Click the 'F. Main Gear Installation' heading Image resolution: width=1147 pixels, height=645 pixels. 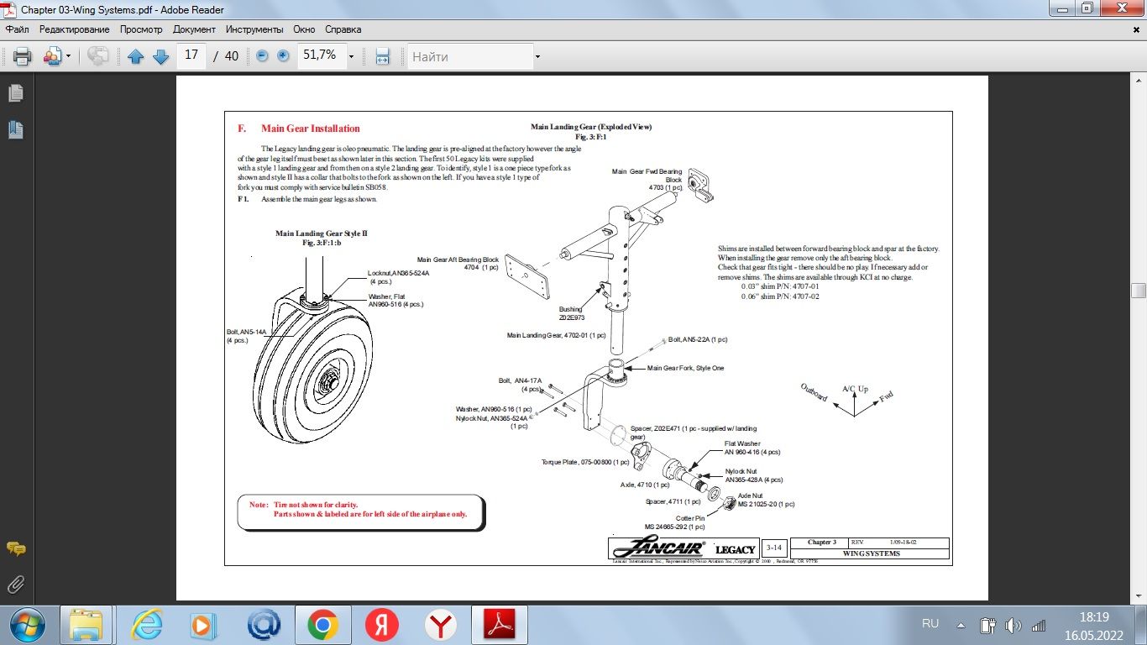click(299, 128)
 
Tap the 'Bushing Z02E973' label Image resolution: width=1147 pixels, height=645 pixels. click(571, 313)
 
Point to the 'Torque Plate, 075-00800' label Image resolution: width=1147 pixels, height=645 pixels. click(584, 462)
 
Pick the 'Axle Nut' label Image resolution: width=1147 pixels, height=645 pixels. click(750, 496)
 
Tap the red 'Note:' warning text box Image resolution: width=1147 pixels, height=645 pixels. click(361, 509)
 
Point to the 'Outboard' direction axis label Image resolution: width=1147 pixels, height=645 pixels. click(813, 393)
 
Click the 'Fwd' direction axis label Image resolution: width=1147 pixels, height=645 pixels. click(886, 396)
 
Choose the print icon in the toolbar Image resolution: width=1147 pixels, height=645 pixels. click(22, 56)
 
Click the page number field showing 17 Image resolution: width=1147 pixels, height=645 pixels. click(191, 55)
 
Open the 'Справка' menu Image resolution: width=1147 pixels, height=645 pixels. click(343, 29)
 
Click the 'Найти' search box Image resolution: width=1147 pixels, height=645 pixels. click(470, 56)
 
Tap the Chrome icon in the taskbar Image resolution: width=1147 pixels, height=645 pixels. click(322, 625)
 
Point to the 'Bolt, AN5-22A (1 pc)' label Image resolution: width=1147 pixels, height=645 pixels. click(697, 339)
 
